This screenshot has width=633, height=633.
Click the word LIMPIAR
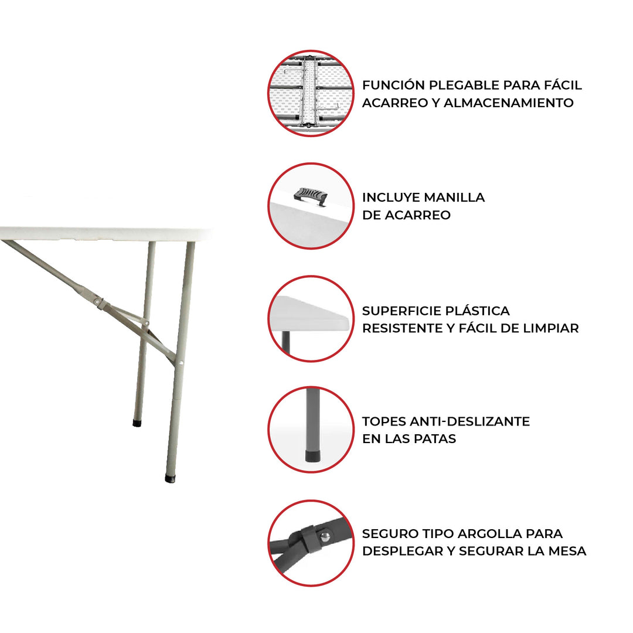tap(550, 328)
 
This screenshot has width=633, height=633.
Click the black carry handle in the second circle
tap(311, 196)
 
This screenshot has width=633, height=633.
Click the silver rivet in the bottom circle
tap(325, 536)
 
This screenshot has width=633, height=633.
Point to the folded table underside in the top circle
tap(311, 94)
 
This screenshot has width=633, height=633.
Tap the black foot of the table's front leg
tap(170, 478)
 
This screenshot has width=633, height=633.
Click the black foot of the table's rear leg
tap(137, 422)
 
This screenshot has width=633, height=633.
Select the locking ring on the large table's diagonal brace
tap(101, 304)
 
